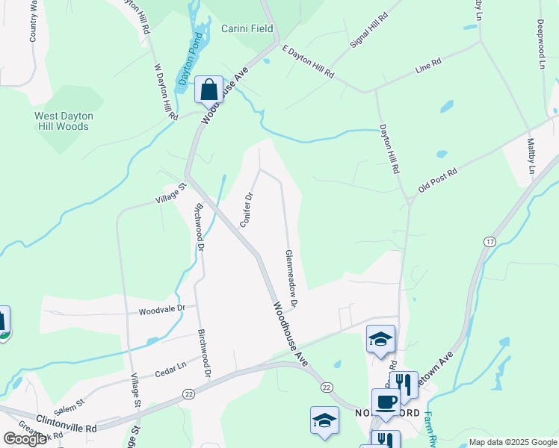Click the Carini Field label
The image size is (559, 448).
247,29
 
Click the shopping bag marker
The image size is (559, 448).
208,90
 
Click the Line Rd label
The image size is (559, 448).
428,68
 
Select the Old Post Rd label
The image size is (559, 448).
437,180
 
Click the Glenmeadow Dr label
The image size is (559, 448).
291,279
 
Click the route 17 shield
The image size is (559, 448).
489,242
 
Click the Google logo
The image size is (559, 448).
25,438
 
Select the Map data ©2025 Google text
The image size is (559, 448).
513,442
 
